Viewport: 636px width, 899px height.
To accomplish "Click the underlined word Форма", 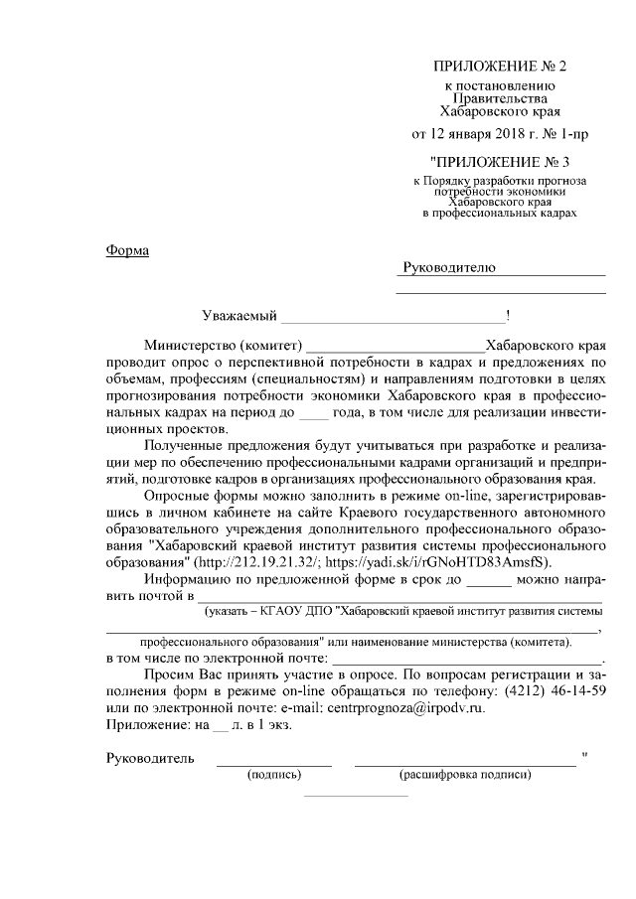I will click(x=127, y=250).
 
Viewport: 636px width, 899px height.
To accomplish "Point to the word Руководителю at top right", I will click(x=447, y=268).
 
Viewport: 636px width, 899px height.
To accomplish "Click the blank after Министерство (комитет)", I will click(x=394, y=347).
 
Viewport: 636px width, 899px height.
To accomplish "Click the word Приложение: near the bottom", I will click(x=148, y=725).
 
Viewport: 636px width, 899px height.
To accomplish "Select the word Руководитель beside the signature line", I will click(x=150, y=760).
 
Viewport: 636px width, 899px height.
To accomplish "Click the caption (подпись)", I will click(x=273, y=776).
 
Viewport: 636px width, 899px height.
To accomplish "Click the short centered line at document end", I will click(x=355, y=795).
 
